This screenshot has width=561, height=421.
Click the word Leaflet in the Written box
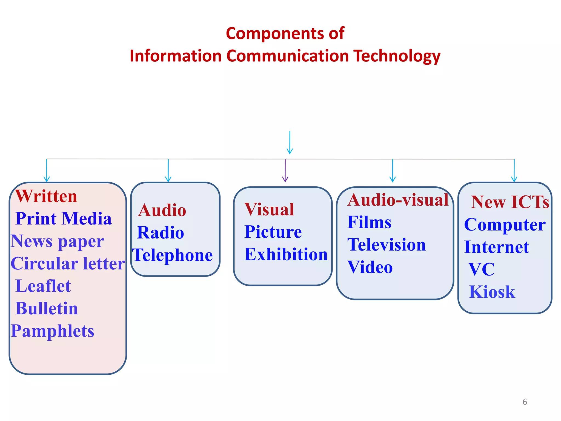(x=43, y=286)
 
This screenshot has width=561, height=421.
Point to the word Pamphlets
(x=53, y=331)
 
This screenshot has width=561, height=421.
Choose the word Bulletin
(x=47, y=309)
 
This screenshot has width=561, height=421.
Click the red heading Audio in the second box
(x=162, y=210)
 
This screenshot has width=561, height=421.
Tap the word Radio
(x=161, y=233)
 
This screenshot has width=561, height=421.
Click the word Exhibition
(x=286, y=254)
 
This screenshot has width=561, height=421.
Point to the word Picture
(x=273, y=232)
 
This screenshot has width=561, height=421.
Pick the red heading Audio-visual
(x=398, y=200)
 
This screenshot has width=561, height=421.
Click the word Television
(x=387, y=245)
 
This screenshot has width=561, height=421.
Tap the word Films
(x=369, y=222)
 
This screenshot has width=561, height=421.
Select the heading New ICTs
(x=510, y=202)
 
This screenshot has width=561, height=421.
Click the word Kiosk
(x=492, y=292)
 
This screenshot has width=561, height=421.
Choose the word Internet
(x=497, y=247)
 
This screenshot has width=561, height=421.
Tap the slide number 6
(x=525, y=402)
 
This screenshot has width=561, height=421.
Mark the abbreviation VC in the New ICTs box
(x=482, y=269)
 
